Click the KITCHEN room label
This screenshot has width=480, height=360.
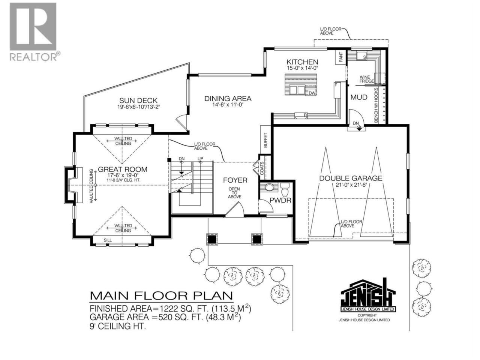pyautogui.click(x=302, y=62)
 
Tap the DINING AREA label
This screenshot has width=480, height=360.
pyautogui.click(x=228, y=99)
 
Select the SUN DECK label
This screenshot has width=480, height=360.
pyautogui.click(x=138, y=101)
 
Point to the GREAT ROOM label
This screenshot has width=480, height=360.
pyautogui.click(x=123, y=169)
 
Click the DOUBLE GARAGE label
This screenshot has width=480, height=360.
pyautogui.click(x=351, y=178)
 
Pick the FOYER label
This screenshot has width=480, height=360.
pyautogui.click(x=235, y=180)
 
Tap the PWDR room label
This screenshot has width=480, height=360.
pyautogui.click(x=280, y=200)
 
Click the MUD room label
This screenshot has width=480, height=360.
pyautogui.click(x=359, y=97)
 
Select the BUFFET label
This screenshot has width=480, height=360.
pyautogui.click(x=266, y=140)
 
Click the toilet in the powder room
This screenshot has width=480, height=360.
pyautogui.click(x=285, y=190)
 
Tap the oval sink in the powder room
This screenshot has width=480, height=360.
pyautogui.click(x=269, y=187)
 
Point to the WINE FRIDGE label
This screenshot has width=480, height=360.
pyautogui.click(x=366, y=79)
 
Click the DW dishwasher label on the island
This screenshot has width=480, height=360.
pyautogui.click(x=312, y=93)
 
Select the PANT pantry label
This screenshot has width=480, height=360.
pyautogui.click(x=341, y=57)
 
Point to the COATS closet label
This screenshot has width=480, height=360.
pyautogui.click(x=262, y=168)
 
